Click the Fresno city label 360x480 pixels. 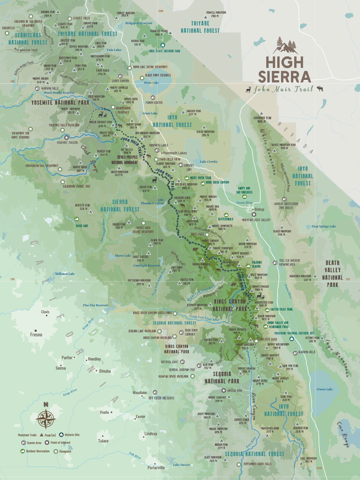click(x=36, y=334)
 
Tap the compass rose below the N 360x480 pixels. click(x=46, y=419)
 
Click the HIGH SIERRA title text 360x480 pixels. click(x=284, y=70)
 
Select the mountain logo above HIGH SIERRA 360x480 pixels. click(x=285, y=46)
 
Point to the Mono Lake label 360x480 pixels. click(x=151, y=83)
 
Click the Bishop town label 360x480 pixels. click(x=259, y=209)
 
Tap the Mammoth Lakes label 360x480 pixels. click(x=175, y=153)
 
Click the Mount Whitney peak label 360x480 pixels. click(x=270, y=357)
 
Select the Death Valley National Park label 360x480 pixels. click(x=333, y=274)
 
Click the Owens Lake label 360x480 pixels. click(x=325, y=389)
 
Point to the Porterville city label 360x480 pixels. click(x=156, y=468)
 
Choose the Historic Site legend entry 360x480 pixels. click(x=72, y=435)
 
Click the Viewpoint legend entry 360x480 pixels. click(x=65, y=452)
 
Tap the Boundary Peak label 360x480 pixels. click(x=262, y=119)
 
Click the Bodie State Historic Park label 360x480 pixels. click(x=164, y=51)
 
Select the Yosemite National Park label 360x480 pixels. click(x=60, y=103)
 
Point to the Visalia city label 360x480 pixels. click(x=104, y=412)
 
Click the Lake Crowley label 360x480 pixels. click(x=209, y=162)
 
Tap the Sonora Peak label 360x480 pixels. click(x=48, y=14)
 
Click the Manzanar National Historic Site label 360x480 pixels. click(x=294, y=333)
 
